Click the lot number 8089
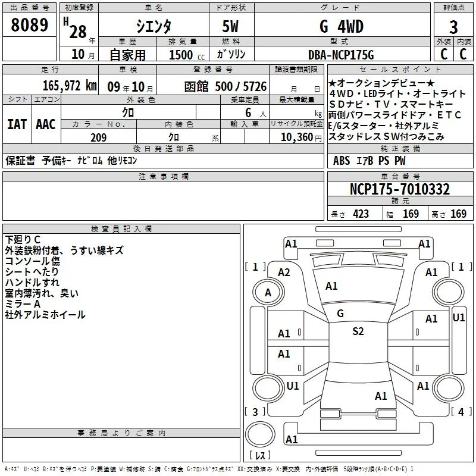tap(29, 24)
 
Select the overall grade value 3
tap(453, 27)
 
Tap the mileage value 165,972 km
tap(70, 86)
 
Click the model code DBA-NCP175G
tap(341, 55)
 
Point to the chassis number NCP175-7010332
tap(400, 189)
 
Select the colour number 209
tap(98, 137)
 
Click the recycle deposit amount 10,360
tap(297, 137)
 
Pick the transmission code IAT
tap(17, 124)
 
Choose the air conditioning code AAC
tap(46, 124)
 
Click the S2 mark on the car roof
tap(358, 331)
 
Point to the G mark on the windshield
tap(340, 314)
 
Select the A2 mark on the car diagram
tap(284, 273)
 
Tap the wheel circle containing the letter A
tap(268, 292)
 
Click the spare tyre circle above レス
tap(260, 434)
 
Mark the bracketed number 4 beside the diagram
tap(461, 412)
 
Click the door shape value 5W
tap(230, 26)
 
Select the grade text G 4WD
tap(342, 26)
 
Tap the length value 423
tap(361, 214)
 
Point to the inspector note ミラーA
tap(23, 304)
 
